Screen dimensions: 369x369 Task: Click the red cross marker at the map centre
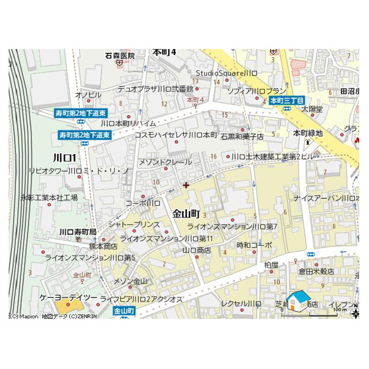pyautogui.click(x=185, y=185)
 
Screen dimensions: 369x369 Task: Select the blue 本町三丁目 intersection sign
pyautogui.click(x=287, y=100)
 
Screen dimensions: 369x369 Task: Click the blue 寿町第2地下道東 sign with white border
pyautogui.click(x=85, y=135)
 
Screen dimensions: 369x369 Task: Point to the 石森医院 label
pyautogui.click(x=120, y=56)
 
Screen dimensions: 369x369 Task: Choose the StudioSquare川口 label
pyautogui.click(x=226, y=73)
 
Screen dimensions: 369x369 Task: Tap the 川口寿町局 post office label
pyautogui.click(x=78, y=232)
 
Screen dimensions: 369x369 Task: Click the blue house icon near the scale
pyautogui.click(x=298, y=300)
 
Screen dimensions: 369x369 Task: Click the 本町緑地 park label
pyautogui.click(x=308, y=133)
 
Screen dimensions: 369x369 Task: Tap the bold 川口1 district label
pyautogui.click(x=64, y=157)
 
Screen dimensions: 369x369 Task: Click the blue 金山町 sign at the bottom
pyautogui.click(x=124, y=311)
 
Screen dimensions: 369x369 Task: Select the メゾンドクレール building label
pyautogui.click(x=165, y=162)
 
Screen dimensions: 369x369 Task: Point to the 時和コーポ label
pyautogui.click(x=254, y=244)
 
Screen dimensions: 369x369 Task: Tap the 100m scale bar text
pyautogui.click(x=340, y=310)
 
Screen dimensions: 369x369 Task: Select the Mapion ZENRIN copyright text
pyautogui.click(x=54, y=316)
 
